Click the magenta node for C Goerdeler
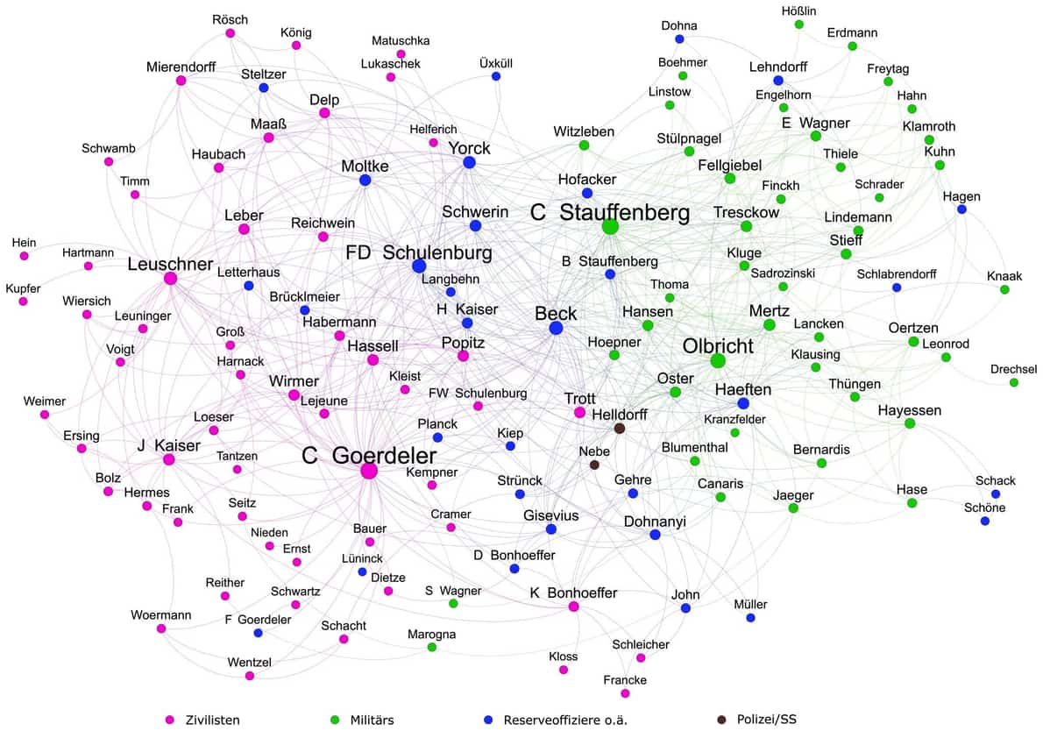pyautogui.click(x=369, y=471)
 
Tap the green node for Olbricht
pyautogui.click(x=718, y=361)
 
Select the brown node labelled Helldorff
pyautogui.click(x=620, y=429)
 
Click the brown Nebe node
pyautogui.click(x=594, y=465)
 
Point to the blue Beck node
pyautogui.click(x=556, y=328)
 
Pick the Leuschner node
pyautogui.click(x=170, y=279)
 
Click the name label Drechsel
pyautogui.click(x=1013, y=368)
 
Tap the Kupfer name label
pyautogui.click(x=23, y=287)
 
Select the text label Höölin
pyautogui.click(x=798, y=11)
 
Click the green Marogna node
pyautogui.click(x=431, y=647)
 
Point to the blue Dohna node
pyautogui.click(x=679, y=39)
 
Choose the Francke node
pyautogui.click(x=625, y=693)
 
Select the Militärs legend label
pyautogui.click(x=369, y=720)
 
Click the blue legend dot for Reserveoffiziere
pyautogui.click(x=488, y=720)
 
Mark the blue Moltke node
pyautogui.click(x=365, y=181)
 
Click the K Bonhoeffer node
pyautogui.click(x=573, y=607)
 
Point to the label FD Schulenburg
pyautogui.click(x=419, y=253)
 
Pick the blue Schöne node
pyautogui.click(x=985, y=521)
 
